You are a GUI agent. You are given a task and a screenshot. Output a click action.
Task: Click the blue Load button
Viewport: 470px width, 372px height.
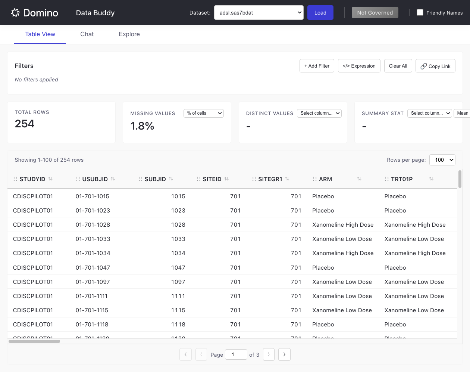coord(320,13)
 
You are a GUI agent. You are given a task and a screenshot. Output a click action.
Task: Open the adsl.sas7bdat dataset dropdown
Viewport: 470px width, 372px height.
coord(258,13)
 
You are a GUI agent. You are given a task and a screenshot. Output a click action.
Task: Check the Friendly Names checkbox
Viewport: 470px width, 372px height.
coord(420,12)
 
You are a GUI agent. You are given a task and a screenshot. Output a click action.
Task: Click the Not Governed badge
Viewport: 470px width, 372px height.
coord(375,13)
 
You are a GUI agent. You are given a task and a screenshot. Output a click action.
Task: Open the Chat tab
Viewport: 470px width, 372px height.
coord(87,34)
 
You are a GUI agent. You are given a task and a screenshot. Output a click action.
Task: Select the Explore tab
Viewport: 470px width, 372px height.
coord(129,34)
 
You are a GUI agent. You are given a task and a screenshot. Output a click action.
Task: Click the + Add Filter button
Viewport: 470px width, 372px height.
coord(317,66)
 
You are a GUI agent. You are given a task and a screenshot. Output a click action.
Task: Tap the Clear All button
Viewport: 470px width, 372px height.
coord(398,66)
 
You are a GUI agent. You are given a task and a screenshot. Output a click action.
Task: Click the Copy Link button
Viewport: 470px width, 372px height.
coord(435,66)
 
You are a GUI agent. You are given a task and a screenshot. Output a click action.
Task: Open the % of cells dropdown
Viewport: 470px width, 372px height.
coord(203,113)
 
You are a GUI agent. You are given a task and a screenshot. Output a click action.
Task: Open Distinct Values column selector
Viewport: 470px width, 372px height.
coord(319,113)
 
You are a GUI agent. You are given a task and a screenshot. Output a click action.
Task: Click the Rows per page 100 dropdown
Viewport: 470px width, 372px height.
coord(442,160)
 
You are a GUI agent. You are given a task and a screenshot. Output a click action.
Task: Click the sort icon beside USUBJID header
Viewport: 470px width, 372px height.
coord(113,179)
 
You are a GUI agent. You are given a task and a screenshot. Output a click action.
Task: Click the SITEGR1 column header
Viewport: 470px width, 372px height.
coord(270,179)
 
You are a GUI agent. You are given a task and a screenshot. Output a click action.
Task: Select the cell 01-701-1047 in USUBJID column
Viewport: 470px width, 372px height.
coord(93,268)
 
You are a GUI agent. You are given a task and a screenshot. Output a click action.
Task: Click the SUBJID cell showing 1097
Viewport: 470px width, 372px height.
coord(178,282)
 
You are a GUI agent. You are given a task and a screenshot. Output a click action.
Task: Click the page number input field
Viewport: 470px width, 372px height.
coord(236,354)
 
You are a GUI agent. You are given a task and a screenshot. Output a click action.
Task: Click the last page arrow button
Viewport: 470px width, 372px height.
coord(284,354)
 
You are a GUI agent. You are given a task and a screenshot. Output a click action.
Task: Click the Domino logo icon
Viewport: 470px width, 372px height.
coord(15,13)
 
